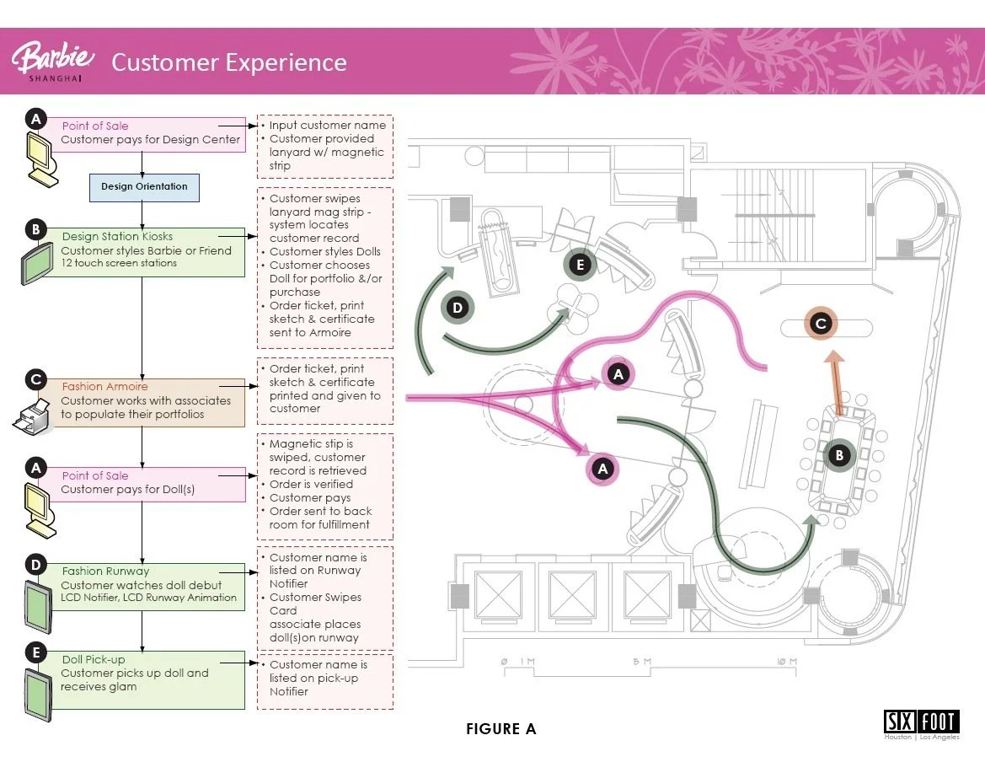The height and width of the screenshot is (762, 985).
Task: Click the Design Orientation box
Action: click(144, 186)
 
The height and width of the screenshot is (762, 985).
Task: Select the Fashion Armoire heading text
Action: click(104, 387)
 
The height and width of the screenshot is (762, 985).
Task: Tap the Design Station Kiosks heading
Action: click(117, 237)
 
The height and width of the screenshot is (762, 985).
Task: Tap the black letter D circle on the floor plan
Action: click(458, 308)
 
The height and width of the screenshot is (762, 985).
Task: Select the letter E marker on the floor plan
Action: click(579, 265)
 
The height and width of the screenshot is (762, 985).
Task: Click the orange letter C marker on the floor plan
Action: click(820, 324)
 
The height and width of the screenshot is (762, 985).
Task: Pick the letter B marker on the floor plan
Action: click(838, 455)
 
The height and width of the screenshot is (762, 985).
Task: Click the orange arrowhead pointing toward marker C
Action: click(833, 357)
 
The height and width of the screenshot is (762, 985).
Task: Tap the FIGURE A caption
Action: click(501, 729)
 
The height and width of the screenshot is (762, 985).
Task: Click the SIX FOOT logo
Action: click(921, 722)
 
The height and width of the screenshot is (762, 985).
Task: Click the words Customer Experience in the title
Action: click(228, 62)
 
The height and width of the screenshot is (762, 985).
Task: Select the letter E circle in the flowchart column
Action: click(35, 651)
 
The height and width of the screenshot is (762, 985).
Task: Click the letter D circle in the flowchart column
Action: click(35, 563)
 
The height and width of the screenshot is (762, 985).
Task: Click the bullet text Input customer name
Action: click(327, 125)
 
